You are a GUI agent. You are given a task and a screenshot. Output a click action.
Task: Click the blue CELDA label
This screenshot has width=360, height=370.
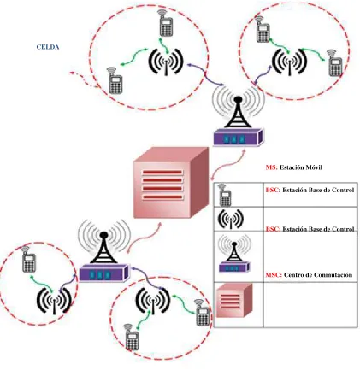[x=48, y=47]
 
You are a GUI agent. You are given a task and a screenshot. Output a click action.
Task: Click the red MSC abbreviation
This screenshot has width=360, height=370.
[x=274, y=275]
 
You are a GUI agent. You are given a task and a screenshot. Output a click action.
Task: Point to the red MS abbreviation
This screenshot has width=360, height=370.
[x=271, y=167]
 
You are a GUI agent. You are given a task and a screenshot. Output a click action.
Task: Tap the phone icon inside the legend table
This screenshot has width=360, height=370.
[x=225, y=195]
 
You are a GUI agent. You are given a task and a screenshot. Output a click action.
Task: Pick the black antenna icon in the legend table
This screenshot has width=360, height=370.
[x=231, y=220]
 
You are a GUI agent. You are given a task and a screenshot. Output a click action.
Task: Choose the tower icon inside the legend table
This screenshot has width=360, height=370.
[x=234, y=254]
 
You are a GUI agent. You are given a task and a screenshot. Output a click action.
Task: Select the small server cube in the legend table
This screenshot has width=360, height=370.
[x=234, y=301]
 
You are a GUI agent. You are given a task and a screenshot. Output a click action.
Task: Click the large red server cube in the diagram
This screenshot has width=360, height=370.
[x=171, y=182]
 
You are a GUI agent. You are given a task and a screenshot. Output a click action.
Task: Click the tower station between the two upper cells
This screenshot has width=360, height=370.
[x=239, y=117]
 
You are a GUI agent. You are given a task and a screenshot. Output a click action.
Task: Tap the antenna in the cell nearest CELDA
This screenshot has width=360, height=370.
[x=166, y=62]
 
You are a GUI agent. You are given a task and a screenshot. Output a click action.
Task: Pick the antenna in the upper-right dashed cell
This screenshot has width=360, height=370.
[x=290, y=62]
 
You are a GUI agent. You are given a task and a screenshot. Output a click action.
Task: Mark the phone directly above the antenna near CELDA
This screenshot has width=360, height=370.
[x=166, y=23]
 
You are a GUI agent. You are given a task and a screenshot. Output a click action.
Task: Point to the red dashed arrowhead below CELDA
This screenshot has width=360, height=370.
[x=72, y=73]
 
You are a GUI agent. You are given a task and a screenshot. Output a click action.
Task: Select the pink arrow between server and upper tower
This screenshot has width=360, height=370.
[x=228, y=165]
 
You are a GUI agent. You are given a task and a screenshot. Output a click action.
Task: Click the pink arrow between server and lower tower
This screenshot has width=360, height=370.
[x=144, y=237]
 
